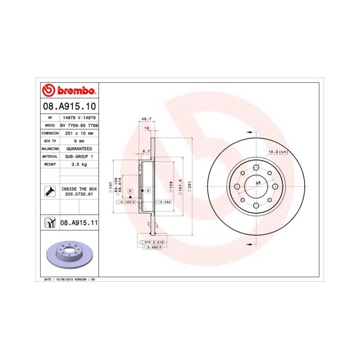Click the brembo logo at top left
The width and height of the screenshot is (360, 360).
68,91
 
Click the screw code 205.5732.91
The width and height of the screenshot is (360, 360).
79,195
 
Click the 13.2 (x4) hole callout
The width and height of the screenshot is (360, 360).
277,152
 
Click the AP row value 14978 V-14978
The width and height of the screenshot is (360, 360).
79,117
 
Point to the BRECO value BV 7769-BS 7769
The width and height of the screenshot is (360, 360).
79,125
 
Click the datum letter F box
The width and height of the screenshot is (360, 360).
131,191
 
